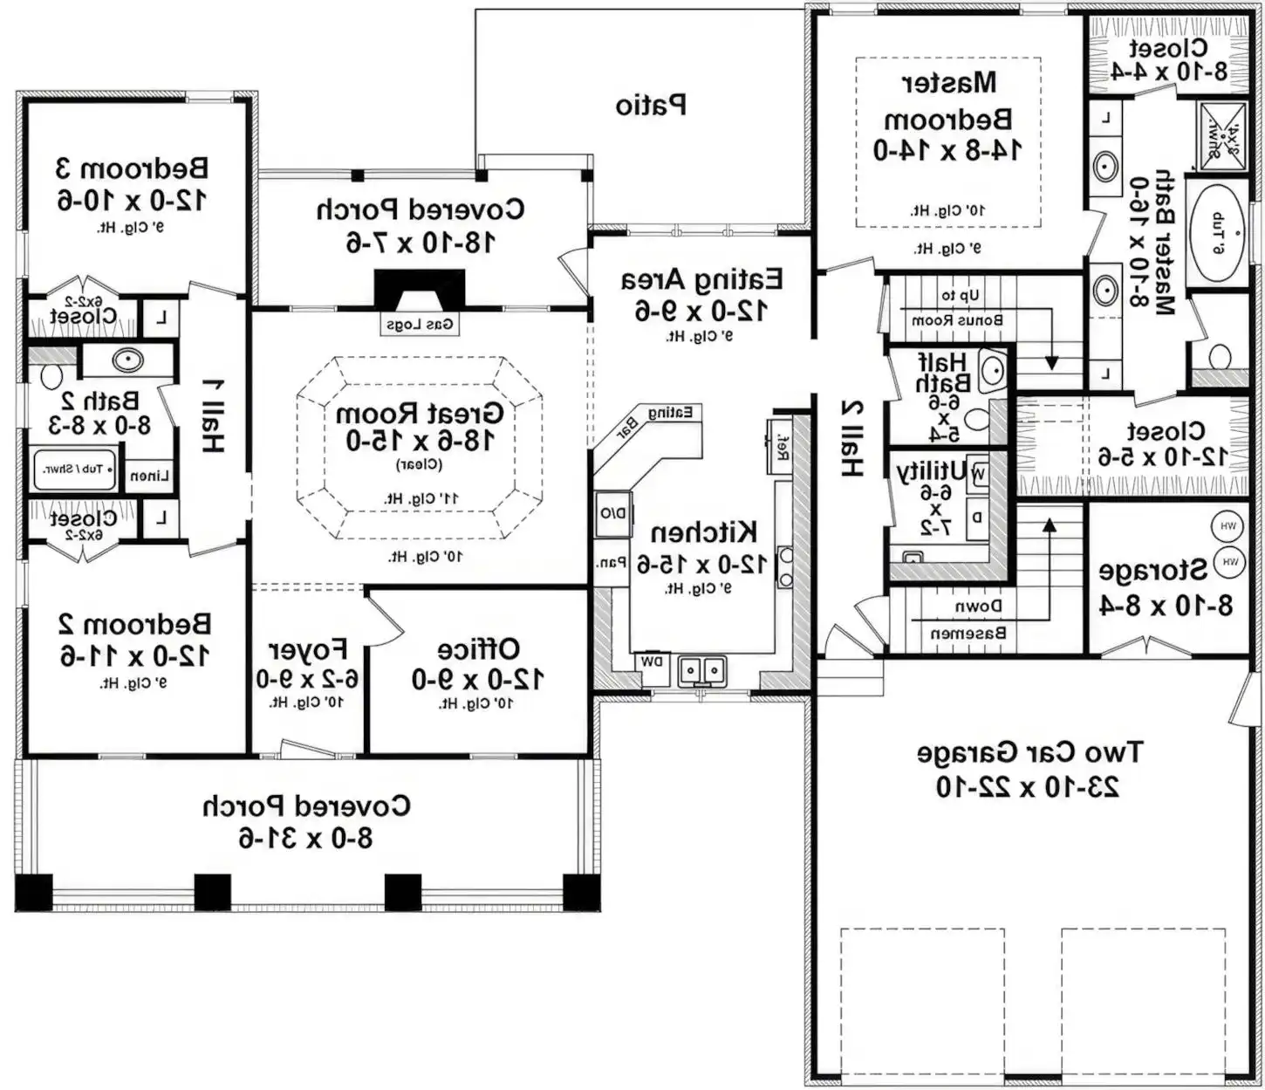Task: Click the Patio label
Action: click(x=651, y=106)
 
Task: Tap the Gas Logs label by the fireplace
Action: click(x=420, y=325)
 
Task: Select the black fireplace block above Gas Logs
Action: click(x=420, y=289)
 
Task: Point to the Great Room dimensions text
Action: click(x=421, y=441)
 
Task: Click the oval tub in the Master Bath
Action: click(x=1218, y=232)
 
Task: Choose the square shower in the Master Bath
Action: click(x=1222, y=134)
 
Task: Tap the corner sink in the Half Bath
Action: click(x=993, y=370)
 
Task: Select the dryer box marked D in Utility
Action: click(x=977, y=518)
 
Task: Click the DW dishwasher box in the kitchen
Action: click(x=652, y=662)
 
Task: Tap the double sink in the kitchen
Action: click(x=702, y=670)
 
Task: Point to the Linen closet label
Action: click(x=150, y=476)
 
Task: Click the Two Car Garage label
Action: click(x=1029, y=752)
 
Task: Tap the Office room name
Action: click(x=478, y=649)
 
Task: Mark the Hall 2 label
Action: click(x=851, y=438)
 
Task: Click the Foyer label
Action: click(x=308, y=650)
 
